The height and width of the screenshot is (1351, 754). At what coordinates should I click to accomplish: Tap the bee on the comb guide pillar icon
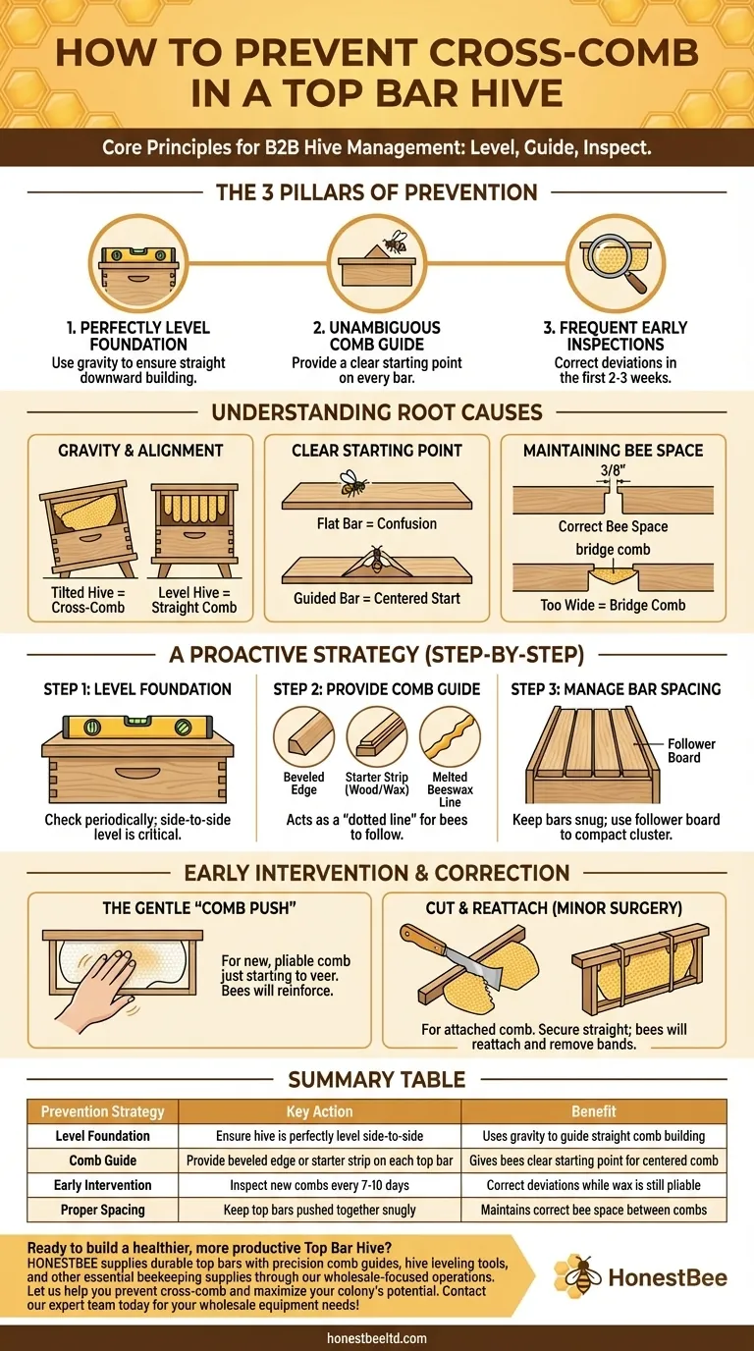pyautogui.click(x=394, y=242)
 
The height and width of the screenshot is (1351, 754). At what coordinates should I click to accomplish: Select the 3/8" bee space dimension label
pyautogui.click(x=612, y=471)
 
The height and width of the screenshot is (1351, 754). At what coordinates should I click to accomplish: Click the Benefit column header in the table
pyautogui.click(x=593, y=1111)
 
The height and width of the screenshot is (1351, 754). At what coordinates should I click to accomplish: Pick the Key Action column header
pyautogui.click(x=320, y=1111)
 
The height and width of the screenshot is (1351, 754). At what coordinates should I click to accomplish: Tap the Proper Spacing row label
pyautogui.click(x=102, y=1210)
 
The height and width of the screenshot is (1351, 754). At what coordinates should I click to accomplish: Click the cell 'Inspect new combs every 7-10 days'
pyautogui.click(x=320, y=1185)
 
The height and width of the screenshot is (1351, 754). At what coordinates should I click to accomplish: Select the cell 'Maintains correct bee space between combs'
pyautogui.click(x=593, y=1210)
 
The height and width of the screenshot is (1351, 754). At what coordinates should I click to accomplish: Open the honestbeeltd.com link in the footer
pyautogui.click(x=377, y=1337)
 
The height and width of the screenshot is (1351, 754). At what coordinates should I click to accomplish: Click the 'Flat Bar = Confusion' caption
pyautogui.click(x=377, y=523)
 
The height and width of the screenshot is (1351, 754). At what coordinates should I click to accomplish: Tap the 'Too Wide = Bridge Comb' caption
pyautogui.click(x=613, y=605)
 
